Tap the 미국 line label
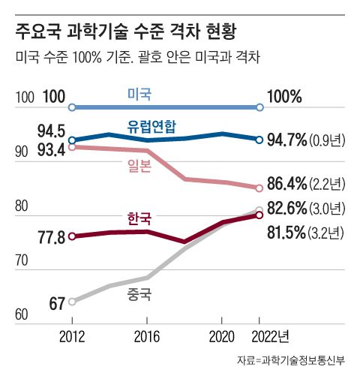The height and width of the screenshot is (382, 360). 139,94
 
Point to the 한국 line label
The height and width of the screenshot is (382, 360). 139,218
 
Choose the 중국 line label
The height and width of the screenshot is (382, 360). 139,294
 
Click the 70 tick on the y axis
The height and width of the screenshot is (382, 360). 22,260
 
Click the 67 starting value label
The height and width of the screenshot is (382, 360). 55,304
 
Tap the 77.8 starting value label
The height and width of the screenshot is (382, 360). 50,238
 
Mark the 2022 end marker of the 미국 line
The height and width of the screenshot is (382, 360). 259,108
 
